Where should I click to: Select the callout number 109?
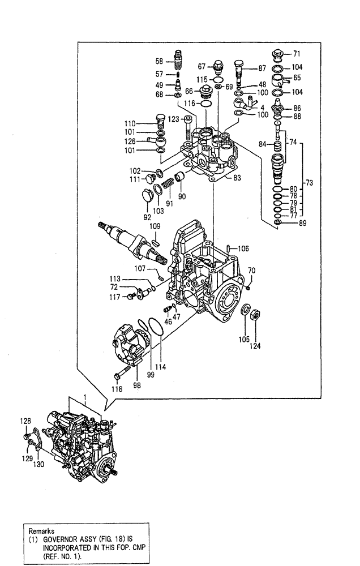(x=155, y=227)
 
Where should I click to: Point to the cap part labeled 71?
(x=277, y=55)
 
